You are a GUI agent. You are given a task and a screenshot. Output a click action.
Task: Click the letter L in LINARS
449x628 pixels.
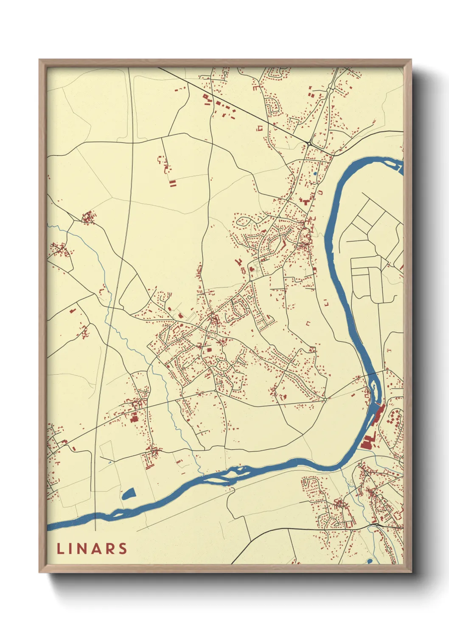pos(60,549)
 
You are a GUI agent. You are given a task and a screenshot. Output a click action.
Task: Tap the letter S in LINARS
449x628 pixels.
pos(123,549)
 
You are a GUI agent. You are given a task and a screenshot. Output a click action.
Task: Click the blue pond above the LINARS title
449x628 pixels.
pos(128,493)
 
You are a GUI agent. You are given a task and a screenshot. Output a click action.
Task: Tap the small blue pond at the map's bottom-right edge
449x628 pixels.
pos(369,561)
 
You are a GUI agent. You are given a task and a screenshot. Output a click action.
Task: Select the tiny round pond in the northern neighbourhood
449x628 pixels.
pos(314,174)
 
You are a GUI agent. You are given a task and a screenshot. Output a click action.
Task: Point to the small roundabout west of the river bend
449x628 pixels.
pos(325,399)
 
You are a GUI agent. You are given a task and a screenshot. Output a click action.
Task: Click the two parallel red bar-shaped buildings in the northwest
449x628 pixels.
pos(172,183)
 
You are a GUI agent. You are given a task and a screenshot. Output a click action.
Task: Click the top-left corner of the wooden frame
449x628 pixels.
pos(39,60)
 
